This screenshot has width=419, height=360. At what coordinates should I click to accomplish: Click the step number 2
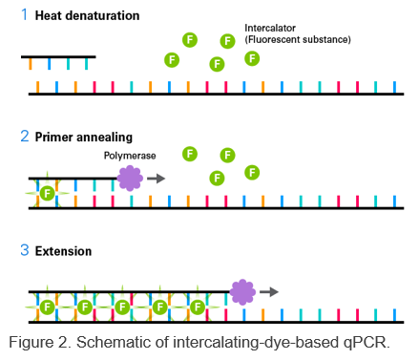25,137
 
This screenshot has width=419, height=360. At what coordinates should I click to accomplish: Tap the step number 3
25,251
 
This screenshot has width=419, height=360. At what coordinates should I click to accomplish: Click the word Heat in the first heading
50,17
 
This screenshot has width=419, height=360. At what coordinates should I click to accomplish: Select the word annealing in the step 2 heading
104,137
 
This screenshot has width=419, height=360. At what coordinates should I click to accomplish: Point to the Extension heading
63,251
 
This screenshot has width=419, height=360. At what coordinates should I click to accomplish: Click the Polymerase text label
129,155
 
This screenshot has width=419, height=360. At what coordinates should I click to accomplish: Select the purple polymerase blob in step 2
129,178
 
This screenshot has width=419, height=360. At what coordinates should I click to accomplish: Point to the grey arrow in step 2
156,178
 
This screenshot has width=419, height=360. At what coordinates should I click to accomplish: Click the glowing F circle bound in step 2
47,193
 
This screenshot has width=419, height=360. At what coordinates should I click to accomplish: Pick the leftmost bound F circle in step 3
47,307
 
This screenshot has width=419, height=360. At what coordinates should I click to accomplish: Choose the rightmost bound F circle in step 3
197,307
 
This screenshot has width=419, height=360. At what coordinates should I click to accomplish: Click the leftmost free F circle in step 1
172,59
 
